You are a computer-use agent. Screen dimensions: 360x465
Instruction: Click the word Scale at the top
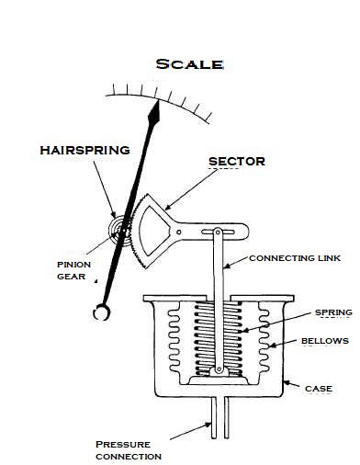point(189,64)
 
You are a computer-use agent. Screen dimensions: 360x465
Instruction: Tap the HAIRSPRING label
point(85,150)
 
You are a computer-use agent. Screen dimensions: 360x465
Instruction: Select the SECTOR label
point(237,162)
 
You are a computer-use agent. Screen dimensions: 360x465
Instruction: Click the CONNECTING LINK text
point(295,258)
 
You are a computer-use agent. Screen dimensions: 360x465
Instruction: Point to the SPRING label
point(333,312)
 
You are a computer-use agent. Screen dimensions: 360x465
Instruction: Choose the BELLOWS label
point(325,341)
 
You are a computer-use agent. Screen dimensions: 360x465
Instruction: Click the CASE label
point(319,389)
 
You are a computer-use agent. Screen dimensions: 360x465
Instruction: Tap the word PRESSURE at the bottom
point(123,445)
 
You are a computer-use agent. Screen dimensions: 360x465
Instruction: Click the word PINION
point(74,265)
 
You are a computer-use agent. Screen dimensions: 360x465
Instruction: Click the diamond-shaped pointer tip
point(154,113)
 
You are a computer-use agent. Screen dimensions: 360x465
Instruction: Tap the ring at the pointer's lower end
point(102,312)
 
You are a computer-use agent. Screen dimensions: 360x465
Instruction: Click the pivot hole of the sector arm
point(179,232)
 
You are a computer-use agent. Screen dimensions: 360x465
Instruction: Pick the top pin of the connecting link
point(218,232)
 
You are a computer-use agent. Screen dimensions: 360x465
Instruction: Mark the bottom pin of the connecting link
point(219,369)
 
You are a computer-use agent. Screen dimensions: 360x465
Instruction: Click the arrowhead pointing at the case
point(287,382)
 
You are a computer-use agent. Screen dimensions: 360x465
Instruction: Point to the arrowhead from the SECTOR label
point(168,207)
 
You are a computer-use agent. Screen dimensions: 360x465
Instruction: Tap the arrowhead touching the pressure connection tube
point(208,425)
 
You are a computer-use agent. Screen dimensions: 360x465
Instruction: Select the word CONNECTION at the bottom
point(129,457)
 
